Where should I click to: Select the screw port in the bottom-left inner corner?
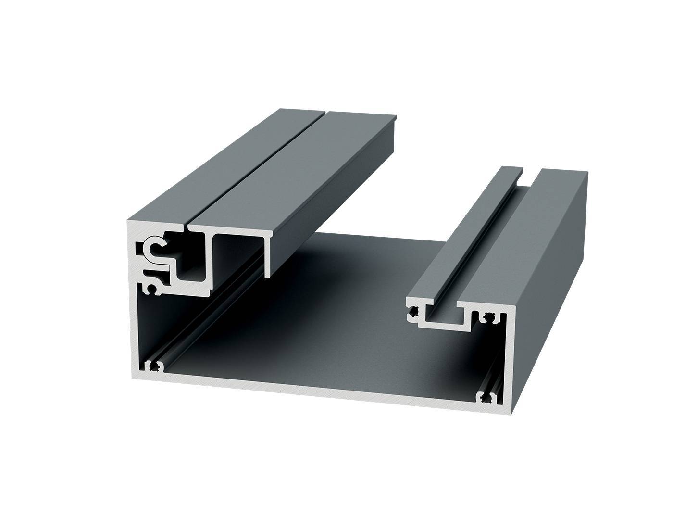(x=153, y=366)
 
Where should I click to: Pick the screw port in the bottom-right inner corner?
(x=489, y=398)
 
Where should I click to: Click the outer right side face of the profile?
(x=553, y=289)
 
